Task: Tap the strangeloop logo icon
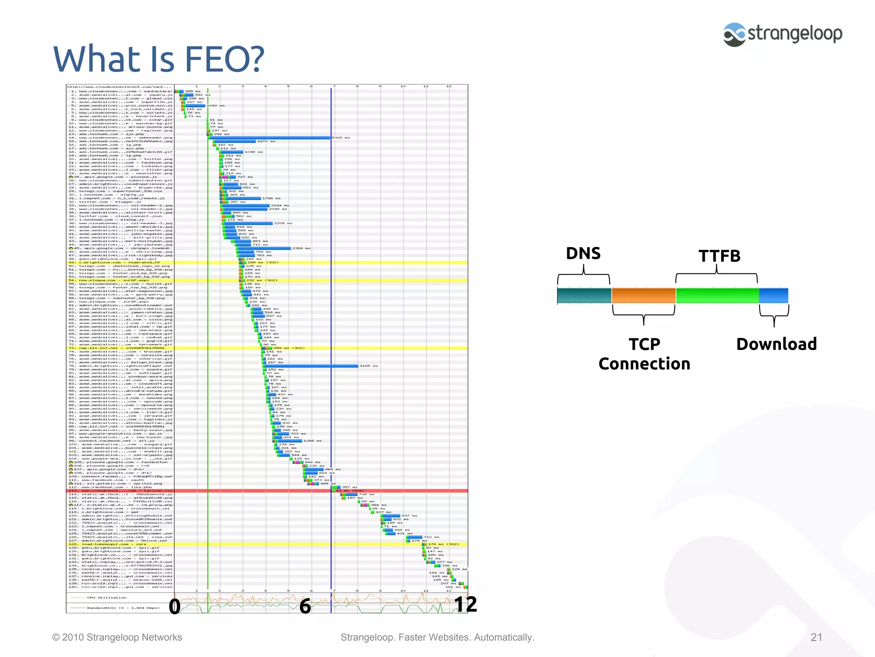pos(734,35)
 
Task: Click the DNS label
pos(583,253)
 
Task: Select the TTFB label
pos(719,256)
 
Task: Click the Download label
pos(776,344)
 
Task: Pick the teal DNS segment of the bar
pos(584,296)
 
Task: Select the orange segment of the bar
pos(643,296)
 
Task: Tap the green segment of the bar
pos(717,296)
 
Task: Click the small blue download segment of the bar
pos(774,296)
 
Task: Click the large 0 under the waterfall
pos(174,607)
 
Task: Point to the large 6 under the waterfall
pos(305,607)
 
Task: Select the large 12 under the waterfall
pos(465,605)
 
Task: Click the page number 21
pos(816,637)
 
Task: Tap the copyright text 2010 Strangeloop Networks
pos(122,637)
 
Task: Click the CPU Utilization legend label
pos(106,598)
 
